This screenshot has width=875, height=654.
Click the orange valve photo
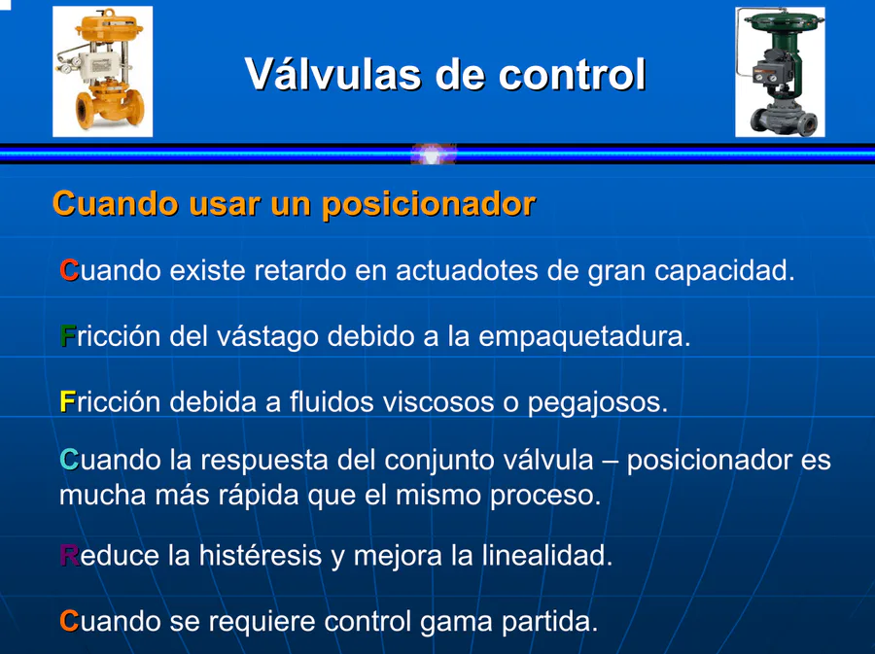(103, 71)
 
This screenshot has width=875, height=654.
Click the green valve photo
(780, 72)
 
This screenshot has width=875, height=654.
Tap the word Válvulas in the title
(333, 74)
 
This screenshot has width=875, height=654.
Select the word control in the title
(572, 74)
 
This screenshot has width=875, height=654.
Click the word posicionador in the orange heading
(429, 205)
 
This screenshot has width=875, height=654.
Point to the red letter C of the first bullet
(69, 270)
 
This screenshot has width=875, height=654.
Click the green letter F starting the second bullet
(67, 336)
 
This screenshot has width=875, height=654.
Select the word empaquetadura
(584, 337)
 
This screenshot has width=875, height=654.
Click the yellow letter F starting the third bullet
(67, 401)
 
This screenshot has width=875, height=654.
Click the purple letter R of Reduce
(69, 555)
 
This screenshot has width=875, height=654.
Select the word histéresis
(260, 555)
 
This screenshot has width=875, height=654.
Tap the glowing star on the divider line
(433, 155)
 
